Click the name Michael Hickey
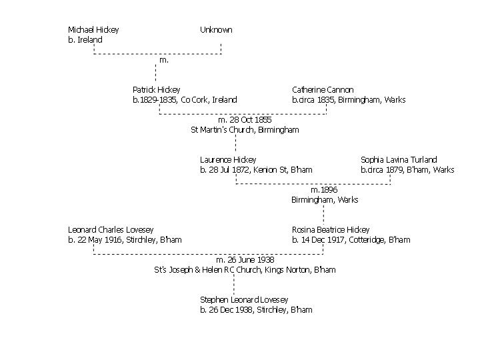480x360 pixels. [93, 30]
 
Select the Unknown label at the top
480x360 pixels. [216, 30]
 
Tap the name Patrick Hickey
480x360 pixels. [156, 90]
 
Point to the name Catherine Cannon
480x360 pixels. [323, 90]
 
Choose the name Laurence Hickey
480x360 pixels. [228, 160]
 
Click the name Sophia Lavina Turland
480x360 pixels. [399, 160]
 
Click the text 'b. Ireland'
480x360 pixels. [85, 40]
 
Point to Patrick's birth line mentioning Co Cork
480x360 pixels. [185, 100]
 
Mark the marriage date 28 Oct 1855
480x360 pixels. [245, 120]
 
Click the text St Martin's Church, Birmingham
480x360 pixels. [245, 130]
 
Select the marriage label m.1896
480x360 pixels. [324, 190]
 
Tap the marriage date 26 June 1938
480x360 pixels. [245, 260]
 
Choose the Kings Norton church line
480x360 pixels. [245, 270]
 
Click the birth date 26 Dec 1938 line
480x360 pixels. [256, 310]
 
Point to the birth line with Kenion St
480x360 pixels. [256, 170]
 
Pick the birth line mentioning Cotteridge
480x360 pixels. [351, 240]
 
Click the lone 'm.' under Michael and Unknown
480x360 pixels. [164, 60]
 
